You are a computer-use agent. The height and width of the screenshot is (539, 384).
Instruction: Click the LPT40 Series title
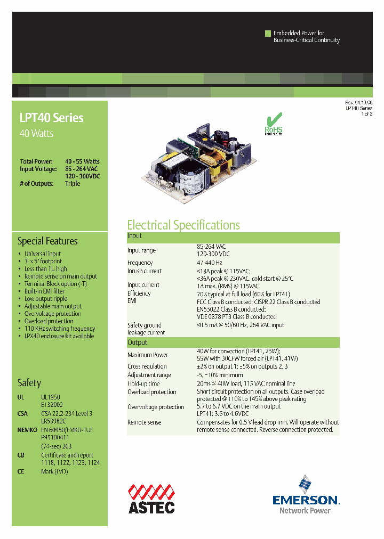coord(52,118)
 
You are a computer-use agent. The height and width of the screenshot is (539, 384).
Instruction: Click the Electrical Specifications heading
coord(183,225)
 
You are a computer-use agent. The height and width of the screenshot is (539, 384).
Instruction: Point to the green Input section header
coord(233,236)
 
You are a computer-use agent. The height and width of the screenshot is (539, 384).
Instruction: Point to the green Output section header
coord(233,342)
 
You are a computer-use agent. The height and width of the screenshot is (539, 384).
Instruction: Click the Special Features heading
coord(47,241)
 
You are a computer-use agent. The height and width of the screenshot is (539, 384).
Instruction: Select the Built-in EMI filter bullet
coord(44,291)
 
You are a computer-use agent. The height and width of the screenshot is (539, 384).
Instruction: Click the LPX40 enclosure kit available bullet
coord(59,336)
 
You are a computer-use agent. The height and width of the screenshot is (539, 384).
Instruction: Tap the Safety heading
coord(29,382)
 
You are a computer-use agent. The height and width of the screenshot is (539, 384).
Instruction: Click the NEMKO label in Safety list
coord(27,429)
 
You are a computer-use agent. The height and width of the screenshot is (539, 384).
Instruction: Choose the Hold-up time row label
coord(143,383)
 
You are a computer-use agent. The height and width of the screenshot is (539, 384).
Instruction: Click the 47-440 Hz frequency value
coord(210,263)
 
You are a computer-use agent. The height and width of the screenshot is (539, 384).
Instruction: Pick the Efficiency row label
coord(139,293)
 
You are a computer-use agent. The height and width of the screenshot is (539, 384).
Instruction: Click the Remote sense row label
coord(144,422)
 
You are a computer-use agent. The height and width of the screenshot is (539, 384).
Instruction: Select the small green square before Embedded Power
coord(268,34)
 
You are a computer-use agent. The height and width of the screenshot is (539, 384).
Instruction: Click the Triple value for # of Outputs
coord(73,183)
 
